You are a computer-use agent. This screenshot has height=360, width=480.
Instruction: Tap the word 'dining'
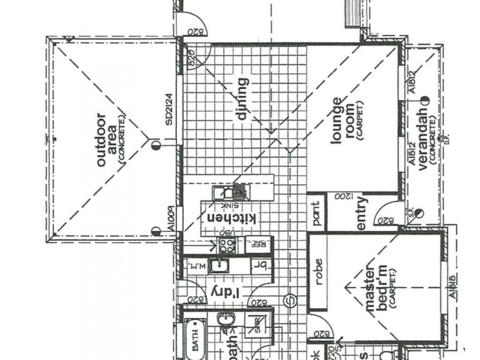coord(242,100)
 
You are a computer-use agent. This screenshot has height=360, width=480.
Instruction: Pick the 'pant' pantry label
coord(316,211)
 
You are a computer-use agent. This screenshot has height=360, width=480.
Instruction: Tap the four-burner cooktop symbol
coord(227,244)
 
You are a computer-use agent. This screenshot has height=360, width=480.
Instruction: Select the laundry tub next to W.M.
coord(220,264)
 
